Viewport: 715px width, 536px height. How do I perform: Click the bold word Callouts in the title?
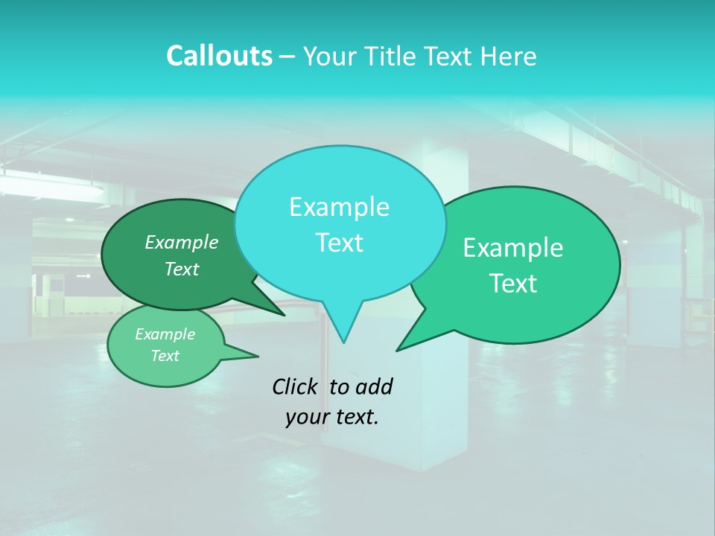coord(219,56)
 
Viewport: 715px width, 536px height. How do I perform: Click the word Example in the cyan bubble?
coord(339,207)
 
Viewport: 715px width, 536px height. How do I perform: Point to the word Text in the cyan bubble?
coord(339,243)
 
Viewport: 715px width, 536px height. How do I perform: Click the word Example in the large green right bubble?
coord(513,248)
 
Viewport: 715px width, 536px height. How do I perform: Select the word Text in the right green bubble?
coord(513,284)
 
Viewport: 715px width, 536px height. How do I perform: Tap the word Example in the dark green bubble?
coord(181,242)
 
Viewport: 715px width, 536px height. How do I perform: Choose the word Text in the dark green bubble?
coord(181,269)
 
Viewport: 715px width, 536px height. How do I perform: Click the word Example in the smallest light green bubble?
coord(165,334)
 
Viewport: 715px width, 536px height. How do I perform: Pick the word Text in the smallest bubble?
coord(165,356)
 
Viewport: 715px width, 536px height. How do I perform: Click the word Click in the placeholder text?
coord(296,386)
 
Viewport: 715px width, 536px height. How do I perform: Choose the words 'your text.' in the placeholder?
coord(332,417)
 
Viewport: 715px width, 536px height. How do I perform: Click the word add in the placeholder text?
coord(374,386)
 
